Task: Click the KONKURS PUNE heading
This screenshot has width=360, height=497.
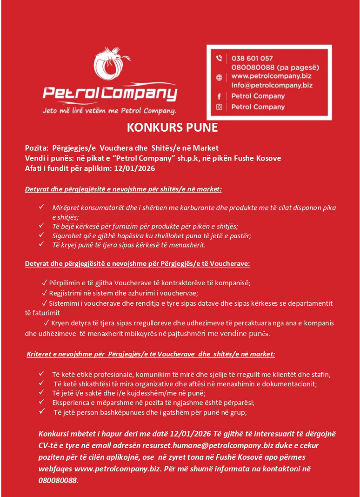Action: (x=172, y=128)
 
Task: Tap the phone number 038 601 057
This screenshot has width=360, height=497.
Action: (x=252, y=58)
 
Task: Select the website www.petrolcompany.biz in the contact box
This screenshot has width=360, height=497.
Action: (x=271, y=75)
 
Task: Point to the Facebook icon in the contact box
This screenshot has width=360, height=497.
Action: (x=219, y=96)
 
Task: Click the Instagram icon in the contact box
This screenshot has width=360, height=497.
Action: (x=219, y=107)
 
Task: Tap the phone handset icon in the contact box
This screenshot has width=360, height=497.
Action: (x=219, y=59)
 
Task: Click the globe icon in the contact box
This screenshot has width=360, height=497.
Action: (x=219, y=77)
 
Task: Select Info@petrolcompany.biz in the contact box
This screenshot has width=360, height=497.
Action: (x=272, y=85)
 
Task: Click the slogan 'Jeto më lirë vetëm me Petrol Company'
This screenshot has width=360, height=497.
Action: (x=109, y=111)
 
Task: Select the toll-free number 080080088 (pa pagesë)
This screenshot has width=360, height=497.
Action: (x=275, y=67)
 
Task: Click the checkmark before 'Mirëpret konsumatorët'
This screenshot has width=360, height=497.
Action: (x=42, y=207)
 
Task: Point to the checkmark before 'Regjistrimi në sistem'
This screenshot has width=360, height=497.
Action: (x=45, y=293)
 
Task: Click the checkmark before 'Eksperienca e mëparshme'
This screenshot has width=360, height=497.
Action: (x=42, y=403)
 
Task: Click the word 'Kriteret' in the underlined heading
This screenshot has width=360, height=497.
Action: (x=40, y=354)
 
